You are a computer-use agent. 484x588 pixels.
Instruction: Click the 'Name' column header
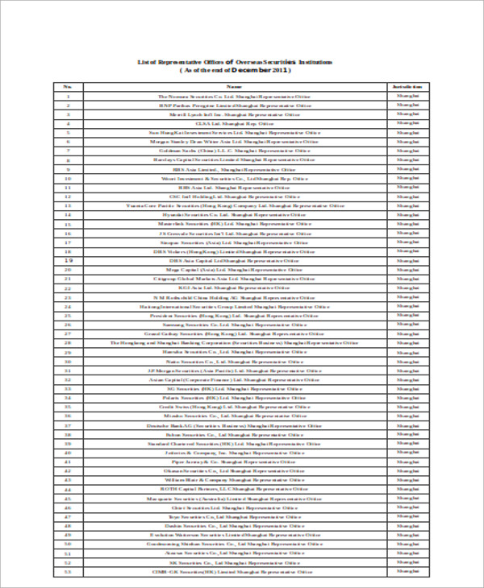click(234, 86)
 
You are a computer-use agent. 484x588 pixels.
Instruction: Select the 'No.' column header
click(69, 86)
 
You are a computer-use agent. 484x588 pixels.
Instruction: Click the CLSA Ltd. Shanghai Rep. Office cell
click(234, 123)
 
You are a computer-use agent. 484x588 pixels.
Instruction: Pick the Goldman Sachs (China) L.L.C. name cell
click(234, 151)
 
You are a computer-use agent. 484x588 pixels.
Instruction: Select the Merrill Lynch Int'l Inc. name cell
click(234, 114)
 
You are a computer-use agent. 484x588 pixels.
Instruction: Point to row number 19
click(69, 260)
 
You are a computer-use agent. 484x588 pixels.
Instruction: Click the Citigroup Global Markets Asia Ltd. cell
click(234, 279)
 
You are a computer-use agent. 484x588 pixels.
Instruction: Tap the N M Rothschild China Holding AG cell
click(234, 297)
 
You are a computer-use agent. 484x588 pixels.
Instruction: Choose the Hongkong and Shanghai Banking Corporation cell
click(234, 342)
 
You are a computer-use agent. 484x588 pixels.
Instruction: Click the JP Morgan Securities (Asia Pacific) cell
click(234, 370)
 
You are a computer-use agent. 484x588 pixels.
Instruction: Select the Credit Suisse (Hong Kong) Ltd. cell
click(234, 407)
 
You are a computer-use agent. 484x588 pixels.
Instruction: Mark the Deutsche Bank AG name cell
click(234, 425)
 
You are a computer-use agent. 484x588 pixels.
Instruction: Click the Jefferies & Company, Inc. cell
click(234, 453)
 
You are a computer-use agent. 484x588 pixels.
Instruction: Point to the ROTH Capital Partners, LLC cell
click(234, 489)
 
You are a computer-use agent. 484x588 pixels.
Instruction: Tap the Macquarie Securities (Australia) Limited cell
click(234, 498)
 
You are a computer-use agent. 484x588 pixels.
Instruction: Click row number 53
click(69, 571)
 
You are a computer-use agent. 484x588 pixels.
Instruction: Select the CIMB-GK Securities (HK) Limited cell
click(234, 571)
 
